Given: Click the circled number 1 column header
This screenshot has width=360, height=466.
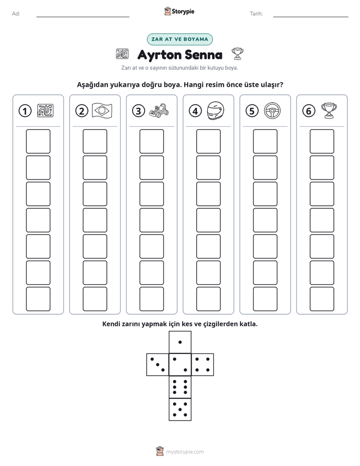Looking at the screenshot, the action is [25, 111].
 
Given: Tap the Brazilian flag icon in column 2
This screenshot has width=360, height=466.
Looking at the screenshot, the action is [102, 110].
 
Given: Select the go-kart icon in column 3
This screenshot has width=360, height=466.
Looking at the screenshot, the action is [159, 110].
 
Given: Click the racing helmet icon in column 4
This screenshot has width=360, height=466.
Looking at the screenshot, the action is [215, 110].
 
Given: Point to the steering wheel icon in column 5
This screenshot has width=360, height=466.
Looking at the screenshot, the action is [272, 110].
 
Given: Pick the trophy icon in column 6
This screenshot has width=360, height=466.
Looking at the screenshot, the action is [329, 110].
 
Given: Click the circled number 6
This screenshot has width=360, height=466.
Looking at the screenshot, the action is [309, 111].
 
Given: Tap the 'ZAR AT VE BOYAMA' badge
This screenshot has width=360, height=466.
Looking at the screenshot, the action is [179, 39].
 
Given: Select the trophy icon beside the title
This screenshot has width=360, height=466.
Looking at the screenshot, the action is [237, 53].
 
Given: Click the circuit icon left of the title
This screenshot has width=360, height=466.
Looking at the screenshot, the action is [122, 54].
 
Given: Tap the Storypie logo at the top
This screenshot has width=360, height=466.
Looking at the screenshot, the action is [179, 11].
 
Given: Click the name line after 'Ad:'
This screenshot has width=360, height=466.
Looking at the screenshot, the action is [83, 17].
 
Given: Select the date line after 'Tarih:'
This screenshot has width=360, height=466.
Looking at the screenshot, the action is [311, 17].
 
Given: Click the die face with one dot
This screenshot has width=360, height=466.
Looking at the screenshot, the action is [180, 342].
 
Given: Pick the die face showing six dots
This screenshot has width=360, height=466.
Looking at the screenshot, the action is [180, 387].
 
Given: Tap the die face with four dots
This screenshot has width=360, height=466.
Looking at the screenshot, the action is [203, 364].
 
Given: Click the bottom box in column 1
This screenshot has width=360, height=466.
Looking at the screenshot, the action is [38, 299].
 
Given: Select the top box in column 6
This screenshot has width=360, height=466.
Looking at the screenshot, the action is [322, 141].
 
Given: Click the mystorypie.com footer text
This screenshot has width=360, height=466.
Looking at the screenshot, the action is [185, 452].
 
